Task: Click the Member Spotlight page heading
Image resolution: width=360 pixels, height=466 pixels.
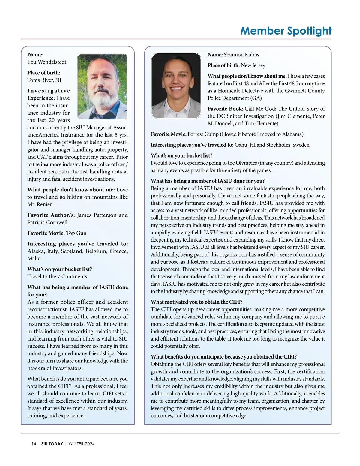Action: coord(286,31)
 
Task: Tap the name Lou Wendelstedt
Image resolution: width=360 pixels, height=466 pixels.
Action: coord(47,62)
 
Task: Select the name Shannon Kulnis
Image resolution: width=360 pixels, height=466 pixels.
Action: coord(241,55)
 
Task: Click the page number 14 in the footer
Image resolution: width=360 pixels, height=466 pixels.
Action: coord(34,444)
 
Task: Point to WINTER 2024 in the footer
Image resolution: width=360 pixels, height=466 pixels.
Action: coord(82,444)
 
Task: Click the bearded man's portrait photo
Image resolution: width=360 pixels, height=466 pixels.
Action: coord(102,86)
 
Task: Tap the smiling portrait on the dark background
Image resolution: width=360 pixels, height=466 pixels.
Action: coord(176,85)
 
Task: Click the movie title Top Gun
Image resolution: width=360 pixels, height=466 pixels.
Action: coord(76,233)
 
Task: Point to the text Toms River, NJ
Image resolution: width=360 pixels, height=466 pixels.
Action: coord(44,80)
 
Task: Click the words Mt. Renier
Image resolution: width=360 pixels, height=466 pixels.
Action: coord(40,204)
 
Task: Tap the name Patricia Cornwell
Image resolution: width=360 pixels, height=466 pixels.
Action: coord(47,222)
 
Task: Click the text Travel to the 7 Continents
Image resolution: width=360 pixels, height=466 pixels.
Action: coord(57,277)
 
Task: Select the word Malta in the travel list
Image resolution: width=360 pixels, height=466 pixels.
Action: coord(34,259)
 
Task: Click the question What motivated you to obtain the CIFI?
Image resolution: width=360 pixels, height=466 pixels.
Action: coord(196,302)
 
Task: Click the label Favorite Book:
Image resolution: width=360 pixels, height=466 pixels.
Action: coord(225,109)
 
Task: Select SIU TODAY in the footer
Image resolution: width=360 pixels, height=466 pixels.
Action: coord(52,444)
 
